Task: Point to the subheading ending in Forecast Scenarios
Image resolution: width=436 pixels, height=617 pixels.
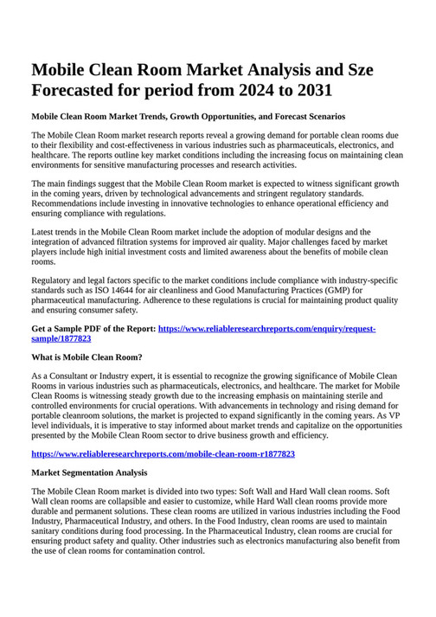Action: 188,116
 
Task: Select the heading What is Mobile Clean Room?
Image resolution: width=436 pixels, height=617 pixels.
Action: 87,357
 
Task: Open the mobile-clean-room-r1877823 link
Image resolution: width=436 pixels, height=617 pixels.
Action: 163,453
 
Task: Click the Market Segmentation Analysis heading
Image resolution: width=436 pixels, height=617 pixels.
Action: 89,472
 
